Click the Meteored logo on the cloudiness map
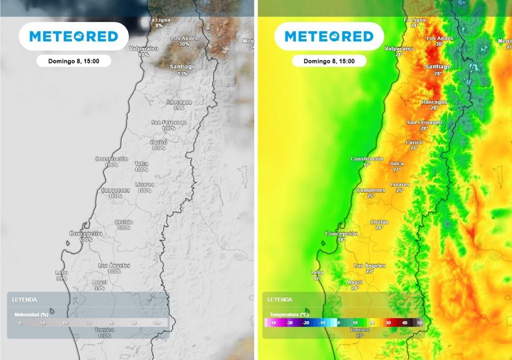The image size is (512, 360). (x=73, y=36)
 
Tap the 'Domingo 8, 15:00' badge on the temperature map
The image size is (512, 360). (x=329, y=61)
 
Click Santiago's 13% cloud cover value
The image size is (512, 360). (x=182, y=73)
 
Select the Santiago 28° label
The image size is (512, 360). (x=438, y=69)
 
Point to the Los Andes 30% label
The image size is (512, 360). (x=184, y=41)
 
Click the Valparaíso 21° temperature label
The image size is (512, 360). (x=399, y=51)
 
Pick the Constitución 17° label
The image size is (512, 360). (x=367, y=161)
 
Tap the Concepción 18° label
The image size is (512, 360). (x=341, y=236)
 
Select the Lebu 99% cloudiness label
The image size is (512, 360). (x=61, y=275)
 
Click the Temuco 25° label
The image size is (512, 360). (x=359, y=332)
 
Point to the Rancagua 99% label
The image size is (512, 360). (x=179, y=104)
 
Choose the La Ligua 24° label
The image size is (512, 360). (x=414, y=22)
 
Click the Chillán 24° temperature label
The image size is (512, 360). (x=379, y=224)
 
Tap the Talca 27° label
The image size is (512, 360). (x=397, y=166)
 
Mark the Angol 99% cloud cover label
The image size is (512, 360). (x=99, y=285)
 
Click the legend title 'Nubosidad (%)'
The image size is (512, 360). (x=30, y=314)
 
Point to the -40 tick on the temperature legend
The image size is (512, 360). (x=273, y=323)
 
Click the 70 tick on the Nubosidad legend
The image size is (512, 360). (x=88, y=323)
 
